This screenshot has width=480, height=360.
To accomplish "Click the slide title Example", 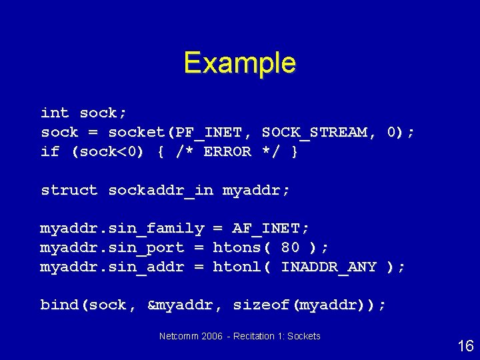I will tap(239, 63).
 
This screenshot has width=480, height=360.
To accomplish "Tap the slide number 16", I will tap(465, 345).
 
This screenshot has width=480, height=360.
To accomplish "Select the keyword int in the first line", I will tap(55, 113).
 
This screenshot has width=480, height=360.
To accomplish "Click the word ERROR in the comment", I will tap(227, 151).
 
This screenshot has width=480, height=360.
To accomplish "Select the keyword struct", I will tap(69, 190).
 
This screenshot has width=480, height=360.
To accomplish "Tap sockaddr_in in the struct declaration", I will tap(161, 190).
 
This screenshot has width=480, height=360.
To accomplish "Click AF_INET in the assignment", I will tap(270, 229).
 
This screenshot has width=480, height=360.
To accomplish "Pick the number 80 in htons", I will tap(290, 247).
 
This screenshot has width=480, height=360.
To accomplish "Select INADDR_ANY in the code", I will tap(329, 267).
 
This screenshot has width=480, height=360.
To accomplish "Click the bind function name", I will tap(59, 305).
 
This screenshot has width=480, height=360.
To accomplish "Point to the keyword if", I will tap(50, 151).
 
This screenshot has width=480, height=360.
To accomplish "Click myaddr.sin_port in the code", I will tap(112, 247).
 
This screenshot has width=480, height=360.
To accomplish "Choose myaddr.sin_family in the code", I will tap(122, 229).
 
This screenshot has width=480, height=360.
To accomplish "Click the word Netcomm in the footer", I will tap(179, 336).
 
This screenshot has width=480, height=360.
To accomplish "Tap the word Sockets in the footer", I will tap(304, 336).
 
